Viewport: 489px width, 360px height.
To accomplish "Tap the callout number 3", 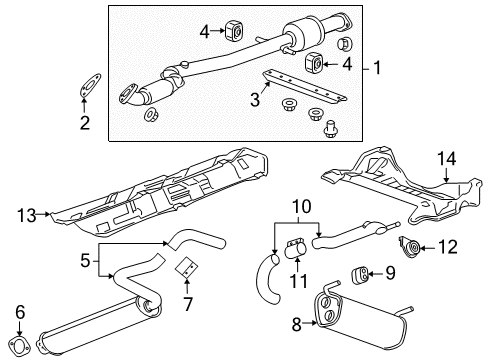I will coord(254,100).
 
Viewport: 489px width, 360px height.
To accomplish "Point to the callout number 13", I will coord(27,213).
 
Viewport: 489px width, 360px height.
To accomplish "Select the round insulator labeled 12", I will coord(410,245).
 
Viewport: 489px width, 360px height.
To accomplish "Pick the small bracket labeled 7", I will coord(185,268).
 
